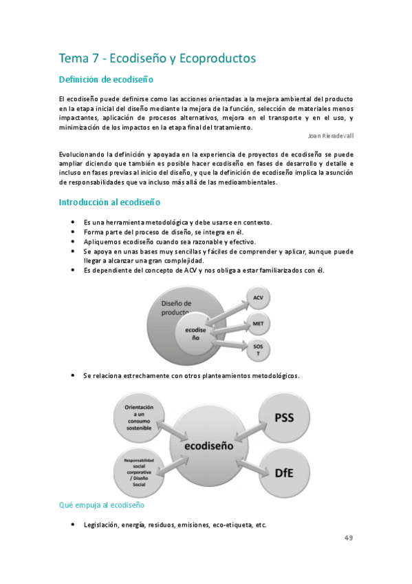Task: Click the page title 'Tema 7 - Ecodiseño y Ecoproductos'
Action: (158, 59)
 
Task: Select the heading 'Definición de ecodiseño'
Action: (106, 81)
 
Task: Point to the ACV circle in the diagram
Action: (258, 298)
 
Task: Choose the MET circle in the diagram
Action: (258, 323)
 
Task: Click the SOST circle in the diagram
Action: (258, 349)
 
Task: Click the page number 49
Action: (349, 538)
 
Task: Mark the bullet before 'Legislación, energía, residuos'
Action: (72, 525)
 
